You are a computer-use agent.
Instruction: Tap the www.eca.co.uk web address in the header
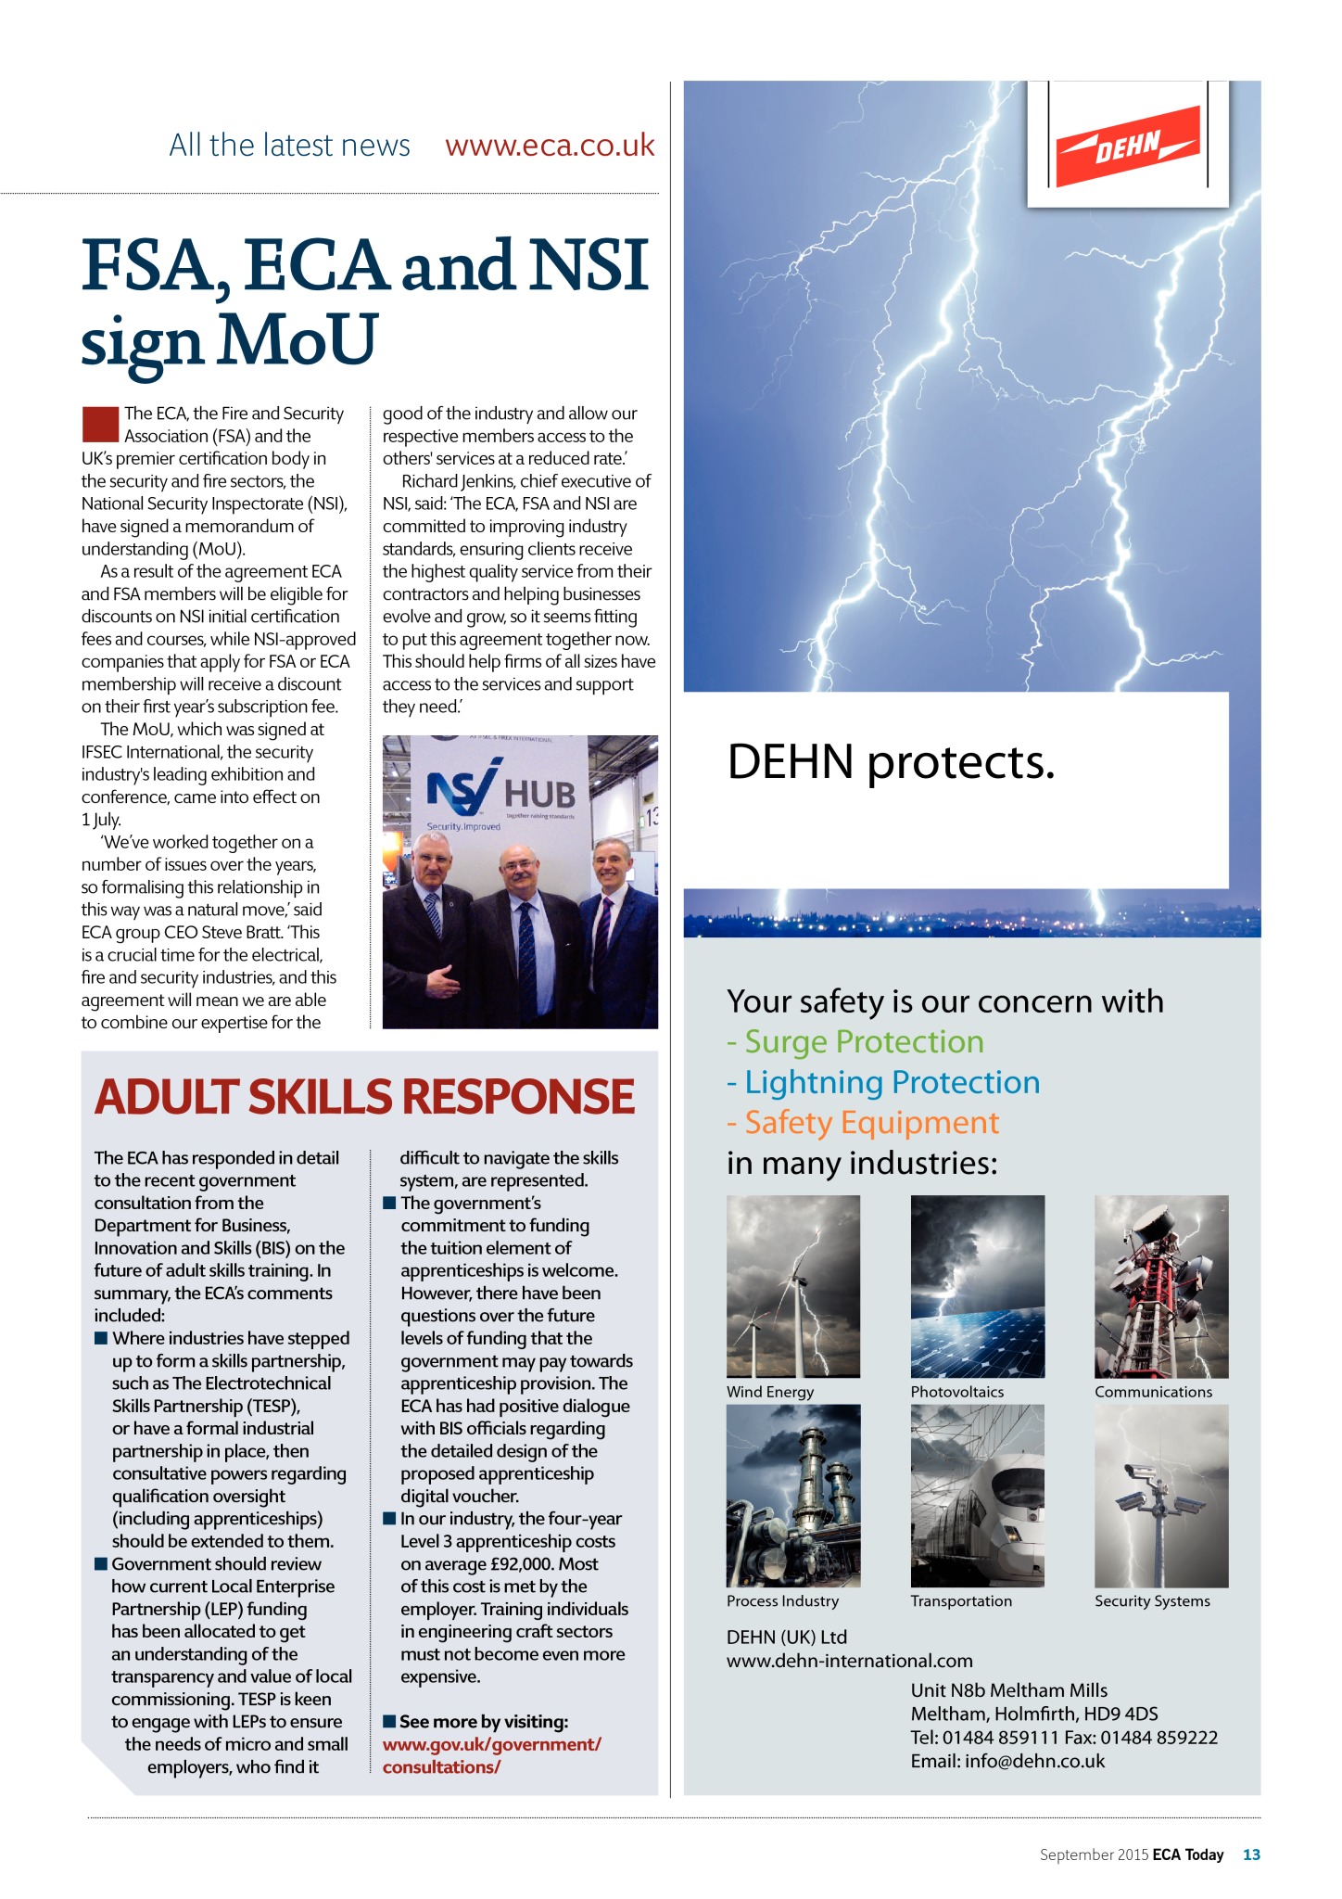click(x=550, y=146)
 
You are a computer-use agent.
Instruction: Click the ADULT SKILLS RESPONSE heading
click(x=364, y=1097)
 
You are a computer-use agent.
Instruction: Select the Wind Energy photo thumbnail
click(x=793, y=1286)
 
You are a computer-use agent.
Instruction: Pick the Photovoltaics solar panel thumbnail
click(x=977, y=1286)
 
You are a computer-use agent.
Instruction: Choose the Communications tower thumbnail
click(x=1161, y=1286)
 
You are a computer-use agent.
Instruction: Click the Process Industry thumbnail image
click(x=793, y=1495)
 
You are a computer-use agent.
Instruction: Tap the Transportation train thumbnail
click(x=977, y=1495)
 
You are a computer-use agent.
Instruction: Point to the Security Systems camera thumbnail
click(x=1161, y=1495)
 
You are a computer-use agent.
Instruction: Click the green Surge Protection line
click(x=855, y=1042)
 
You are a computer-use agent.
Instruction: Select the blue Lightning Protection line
click(x=883, y=1082)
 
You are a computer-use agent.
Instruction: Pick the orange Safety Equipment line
click(x=863, y=1123)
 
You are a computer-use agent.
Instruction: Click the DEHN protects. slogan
click(x=891, y=762)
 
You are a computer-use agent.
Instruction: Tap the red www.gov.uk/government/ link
click(x=492, y=1744)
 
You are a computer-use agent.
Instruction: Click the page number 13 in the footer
click(x=1251, y=1854)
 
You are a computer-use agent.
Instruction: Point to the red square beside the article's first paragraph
click(x=100, y=424)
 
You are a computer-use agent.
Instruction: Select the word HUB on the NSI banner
click(x=539, y=795)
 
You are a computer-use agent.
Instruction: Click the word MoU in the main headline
click(x=297, y=339)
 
